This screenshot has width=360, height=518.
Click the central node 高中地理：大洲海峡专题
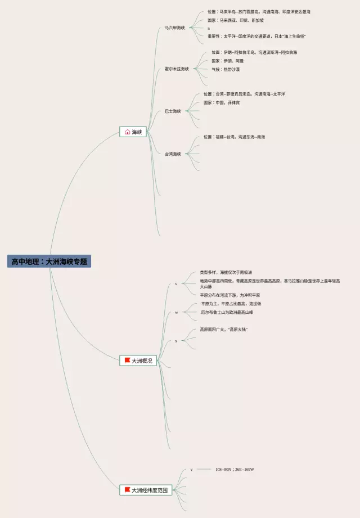[49, 262]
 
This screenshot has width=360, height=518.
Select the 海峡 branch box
[133, 132]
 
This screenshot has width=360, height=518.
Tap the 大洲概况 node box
[138, 361]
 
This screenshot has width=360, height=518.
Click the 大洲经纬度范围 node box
[145, 490]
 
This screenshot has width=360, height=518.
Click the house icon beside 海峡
[127, 132]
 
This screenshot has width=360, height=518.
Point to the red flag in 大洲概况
[127, 360]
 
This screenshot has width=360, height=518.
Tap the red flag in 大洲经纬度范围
[127, 490]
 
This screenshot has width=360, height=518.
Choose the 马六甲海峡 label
[174, 28]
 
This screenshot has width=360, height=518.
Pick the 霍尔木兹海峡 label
[177, 69]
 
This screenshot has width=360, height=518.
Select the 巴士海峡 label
[173, 111]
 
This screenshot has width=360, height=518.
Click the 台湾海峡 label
[173, 154]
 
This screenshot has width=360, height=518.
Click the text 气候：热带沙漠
[226, 69]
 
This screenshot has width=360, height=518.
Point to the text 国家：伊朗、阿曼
[228, 61]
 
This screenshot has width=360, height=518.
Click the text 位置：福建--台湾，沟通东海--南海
[234, 137]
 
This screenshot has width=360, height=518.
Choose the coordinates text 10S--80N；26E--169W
[234, 469]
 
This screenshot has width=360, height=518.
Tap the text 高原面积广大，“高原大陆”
[223, 330]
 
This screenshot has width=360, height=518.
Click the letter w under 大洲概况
[176, 312]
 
